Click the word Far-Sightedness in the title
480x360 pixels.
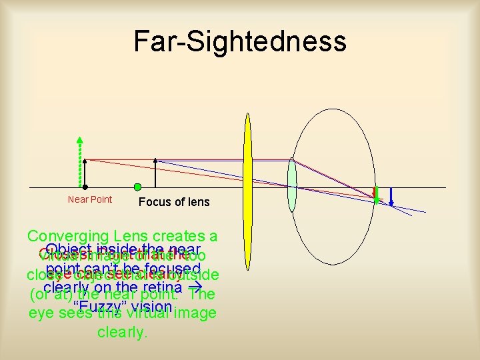coord(240,41)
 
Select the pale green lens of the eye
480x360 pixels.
coord(291,185)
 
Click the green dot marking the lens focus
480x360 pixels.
coord(137,187)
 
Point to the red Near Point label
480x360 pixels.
coord(90,200)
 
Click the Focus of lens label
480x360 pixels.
coord(174,202)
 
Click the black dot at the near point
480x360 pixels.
coord(85,187)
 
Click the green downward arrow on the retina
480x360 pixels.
coord(376,194)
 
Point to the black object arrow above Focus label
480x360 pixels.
coord(155,173)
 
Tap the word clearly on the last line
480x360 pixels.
coord(122,332)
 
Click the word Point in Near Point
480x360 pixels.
coord(101,200)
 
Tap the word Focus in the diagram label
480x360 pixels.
coord(153,202)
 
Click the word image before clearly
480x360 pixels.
coord(194,313)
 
